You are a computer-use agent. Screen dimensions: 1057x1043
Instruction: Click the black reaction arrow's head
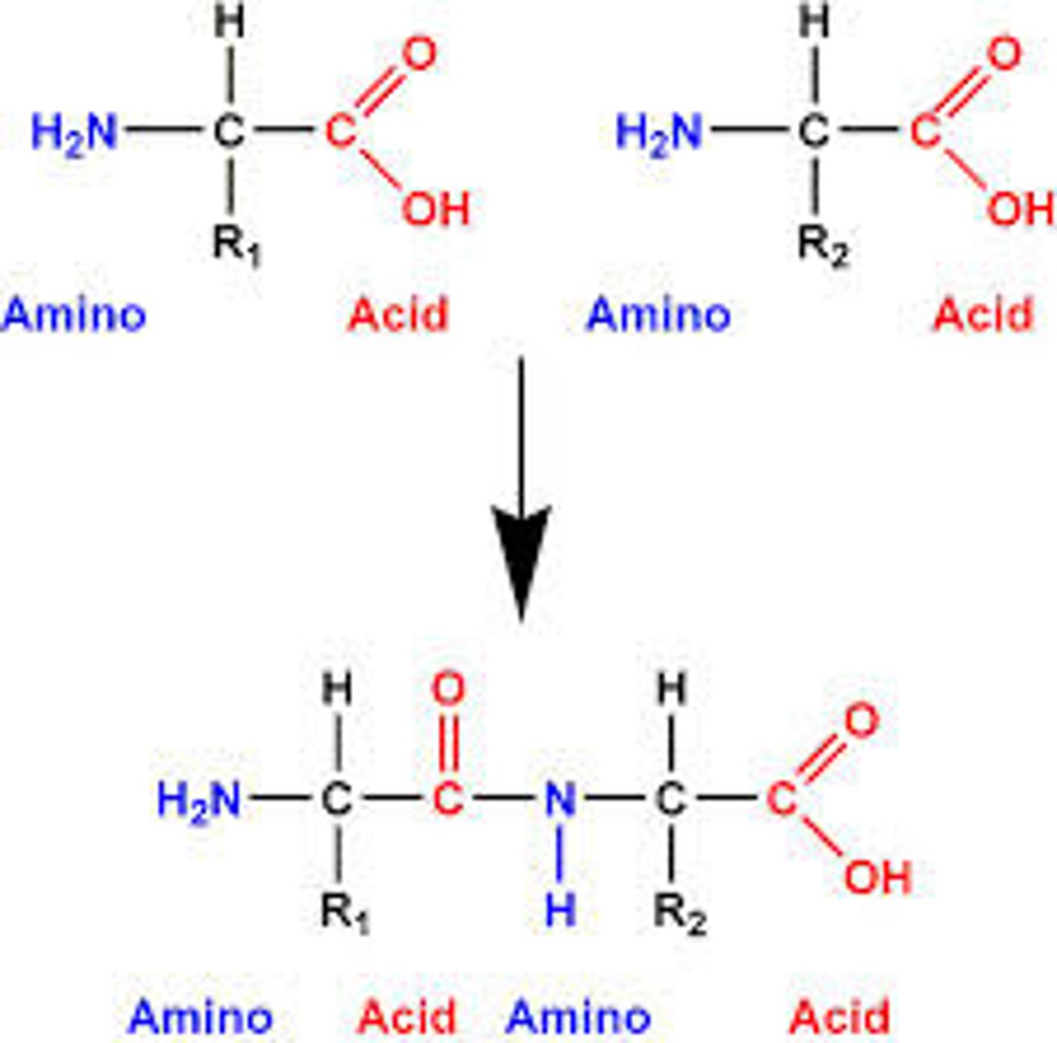tap(521, 556)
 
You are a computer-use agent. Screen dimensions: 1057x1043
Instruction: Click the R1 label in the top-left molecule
tap(236, 245)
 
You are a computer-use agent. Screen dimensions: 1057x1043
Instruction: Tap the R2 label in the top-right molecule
tap(822, 245)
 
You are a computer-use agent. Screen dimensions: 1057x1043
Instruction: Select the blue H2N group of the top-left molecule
tap(75, 134)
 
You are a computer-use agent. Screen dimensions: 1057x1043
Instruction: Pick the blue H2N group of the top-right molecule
tap(659, 134)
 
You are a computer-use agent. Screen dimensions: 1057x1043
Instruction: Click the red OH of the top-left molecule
tap(435, 209)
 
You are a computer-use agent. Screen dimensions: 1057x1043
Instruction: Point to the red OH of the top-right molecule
tap(1020, 209)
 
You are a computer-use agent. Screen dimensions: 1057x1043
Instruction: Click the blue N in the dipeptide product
tap(560, 800)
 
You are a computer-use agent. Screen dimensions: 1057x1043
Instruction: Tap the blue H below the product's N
tap(560, 910)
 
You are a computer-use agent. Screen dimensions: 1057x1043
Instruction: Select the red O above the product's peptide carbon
tap(448, 690)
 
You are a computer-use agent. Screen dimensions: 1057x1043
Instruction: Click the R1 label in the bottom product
tap(344, 912)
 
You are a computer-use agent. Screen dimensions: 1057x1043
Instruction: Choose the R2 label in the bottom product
tap(680, 912)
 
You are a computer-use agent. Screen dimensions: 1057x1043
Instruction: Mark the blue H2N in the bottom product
tap(199, 800)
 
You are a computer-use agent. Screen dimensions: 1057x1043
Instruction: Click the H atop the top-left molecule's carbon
tap(229, 23)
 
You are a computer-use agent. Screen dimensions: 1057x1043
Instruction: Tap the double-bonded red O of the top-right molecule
tap(1004, 54)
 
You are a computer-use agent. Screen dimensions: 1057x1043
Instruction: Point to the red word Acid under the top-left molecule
tap(398, 315)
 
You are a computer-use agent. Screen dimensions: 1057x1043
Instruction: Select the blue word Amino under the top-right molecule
tap(659, 315)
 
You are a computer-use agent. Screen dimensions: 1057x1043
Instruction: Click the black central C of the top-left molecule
tap(229, 132)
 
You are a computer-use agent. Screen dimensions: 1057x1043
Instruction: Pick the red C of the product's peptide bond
tap(448, 800)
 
